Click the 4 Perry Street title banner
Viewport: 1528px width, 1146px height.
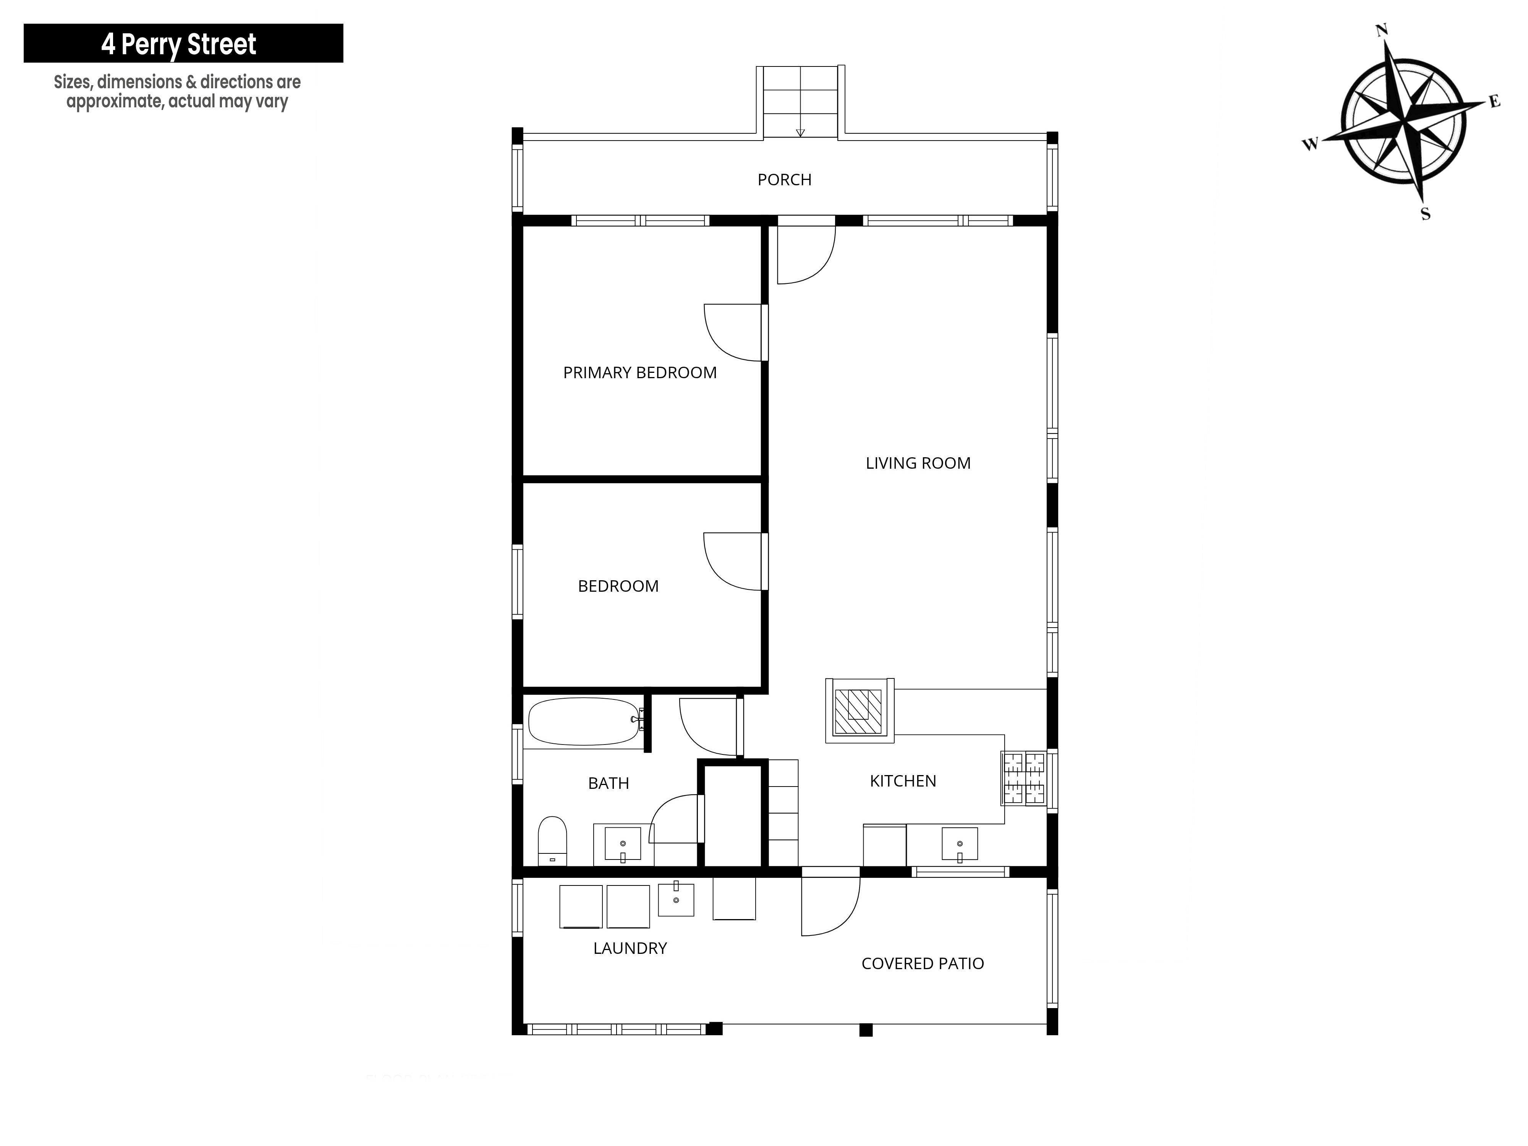[x=183, y=44]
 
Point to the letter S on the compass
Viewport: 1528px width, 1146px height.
[x=1425, y=214]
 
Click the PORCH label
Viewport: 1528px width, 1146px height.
[x=784, y=180]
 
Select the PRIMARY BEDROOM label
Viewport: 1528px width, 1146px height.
[x=640, y=373]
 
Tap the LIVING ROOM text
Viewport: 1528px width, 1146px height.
[x=918, y=463]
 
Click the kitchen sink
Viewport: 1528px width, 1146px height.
[x=960, y=845]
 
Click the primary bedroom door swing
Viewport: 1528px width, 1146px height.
[x=733, y=332]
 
